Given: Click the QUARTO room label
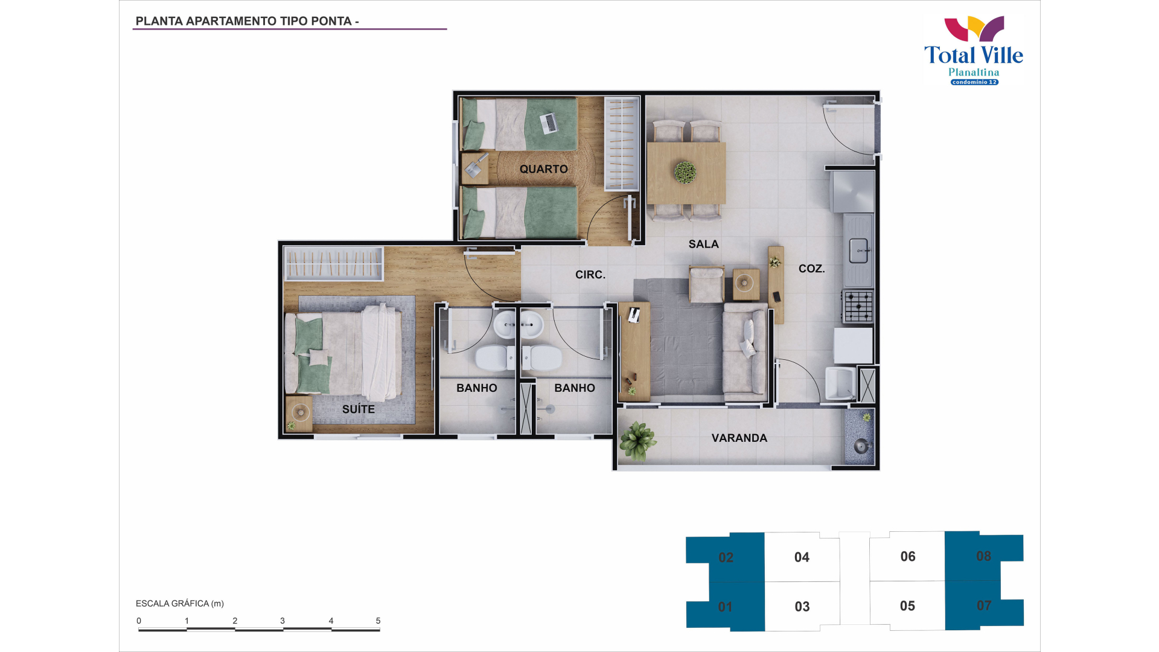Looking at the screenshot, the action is coord(543,169).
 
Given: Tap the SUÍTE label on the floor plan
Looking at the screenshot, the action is coord(359,409).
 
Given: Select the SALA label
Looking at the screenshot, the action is coord(704,244).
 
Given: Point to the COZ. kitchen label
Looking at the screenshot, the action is coord(811,269).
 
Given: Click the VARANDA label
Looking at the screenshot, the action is coord(739,438).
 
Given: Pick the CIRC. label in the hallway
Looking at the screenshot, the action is coord(590,275).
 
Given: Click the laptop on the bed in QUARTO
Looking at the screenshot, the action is coord(550,123).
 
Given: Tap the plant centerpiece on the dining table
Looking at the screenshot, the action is coord(685,172).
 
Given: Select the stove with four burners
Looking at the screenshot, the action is coord(858,306).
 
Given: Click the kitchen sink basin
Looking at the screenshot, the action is coord(858,251).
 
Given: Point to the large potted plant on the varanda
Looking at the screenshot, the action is coord(637,441).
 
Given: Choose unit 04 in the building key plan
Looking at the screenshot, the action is coord(802,557).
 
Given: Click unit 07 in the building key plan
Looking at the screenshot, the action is coord(984,605).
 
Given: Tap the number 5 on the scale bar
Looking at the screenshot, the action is coord(378,621).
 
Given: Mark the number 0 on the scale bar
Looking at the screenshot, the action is coord(139,621).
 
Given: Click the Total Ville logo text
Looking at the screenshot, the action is coord(974,55).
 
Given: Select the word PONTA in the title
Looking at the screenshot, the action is coord(331,21).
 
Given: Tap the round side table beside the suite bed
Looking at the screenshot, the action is coord(299,413).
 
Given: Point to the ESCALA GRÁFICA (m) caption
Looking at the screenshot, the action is coord(180,603).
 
